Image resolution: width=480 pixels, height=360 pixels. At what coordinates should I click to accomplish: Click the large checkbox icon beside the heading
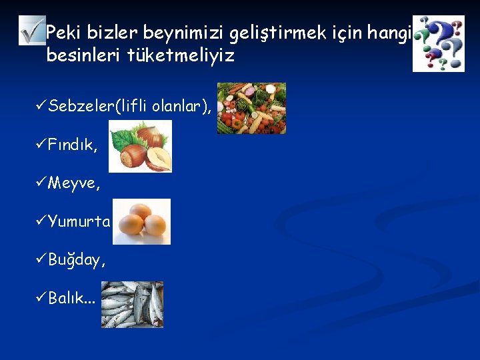(31, 30)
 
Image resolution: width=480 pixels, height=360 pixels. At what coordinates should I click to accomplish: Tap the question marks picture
(438, 43)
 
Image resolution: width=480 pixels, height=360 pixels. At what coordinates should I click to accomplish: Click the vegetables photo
(252, 108)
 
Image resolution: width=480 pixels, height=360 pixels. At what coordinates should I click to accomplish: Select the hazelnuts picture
(140, 146)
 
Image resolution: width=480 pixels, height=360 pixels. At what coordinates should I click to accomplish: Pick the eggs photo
(141, 222)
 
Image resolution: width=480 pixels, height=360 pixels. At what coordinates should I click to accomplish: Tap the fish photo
(132, 304)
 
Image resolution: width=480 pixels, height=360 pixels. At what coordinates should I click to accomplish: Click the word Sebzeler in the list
(81, 106)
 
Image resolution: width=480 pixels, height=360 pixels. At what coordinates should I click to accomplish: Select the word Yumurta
(79, 221)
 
